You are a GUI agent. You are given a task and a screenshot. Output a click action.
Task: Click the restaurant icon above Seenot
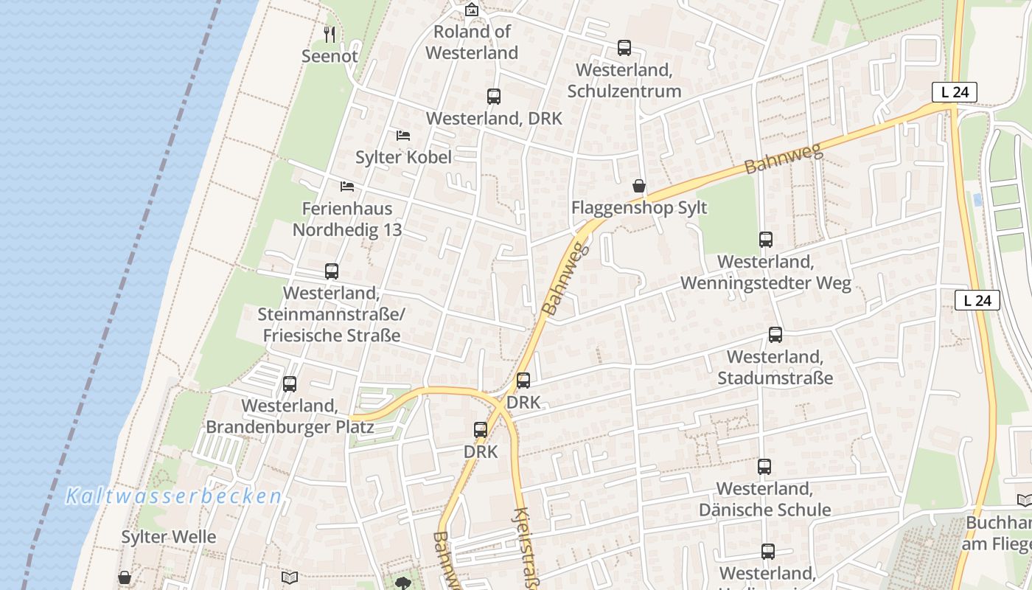[x=330, y=34]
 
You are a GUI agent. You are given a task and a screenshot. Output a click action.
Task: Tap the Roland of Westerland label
[x=472, y=42]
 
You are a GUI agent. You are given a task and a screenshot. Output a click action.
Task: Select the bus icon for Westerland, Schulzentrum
[x=624, y=48]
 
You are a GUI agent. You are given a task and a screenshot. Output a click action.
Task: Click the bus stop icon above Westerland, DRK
[x=494, y=97]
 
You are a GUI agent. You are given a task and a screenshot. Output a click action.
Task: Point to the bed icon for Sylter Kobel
[x=403, y=135]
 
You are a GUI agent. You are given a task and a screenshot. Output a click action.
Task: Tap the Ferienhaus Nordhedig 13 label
[x=347, y=219]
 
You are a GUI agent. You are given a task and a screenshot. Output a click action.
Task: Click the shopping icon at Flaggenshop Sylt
[x=639, y=186]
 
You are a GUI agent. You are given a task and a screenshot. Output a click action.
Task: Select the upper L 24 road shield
[x=955, y=92]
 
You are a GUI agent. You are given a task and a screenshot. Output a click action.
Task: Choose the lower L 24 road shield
[x=977, y=300]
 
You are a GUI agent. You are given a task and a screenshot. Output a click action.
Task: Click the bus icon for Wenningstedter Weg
[x=766, y=240]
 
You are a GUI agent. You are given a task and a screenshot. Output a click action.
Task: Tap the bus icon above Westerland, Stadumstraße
[x=775, y=335]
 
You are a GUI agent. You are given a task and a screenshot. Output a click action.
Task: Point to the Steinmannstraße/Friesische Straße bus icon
[x=332, y=271]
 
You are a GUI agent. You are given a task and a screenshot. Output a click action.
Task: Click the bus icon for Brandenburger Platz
[x=290, y=384]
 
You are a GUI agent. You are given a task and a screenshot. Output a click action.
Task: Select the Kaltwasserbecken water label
[x=174, y=496]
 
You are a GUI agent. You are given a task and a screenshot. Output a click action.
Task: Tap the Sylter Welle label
[x=169, y=537]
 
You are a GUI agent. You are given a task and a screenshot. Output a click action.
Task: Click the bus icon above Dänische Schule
[x=764, y=467]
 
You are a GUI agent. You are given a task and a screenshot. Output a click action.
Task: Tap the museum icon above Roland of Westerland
[x=472, y=10]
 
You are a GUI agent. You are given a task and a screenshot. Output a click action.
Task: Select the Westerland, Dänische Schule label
[x=764, y=499]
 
